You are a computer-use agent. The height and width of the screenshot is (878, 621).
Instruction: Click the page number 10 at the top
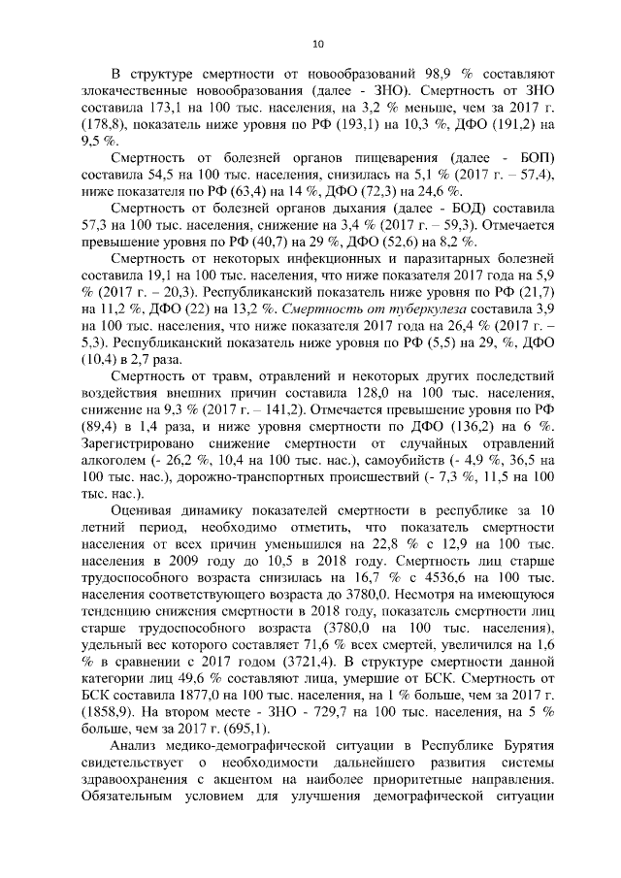pos(317,44)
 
